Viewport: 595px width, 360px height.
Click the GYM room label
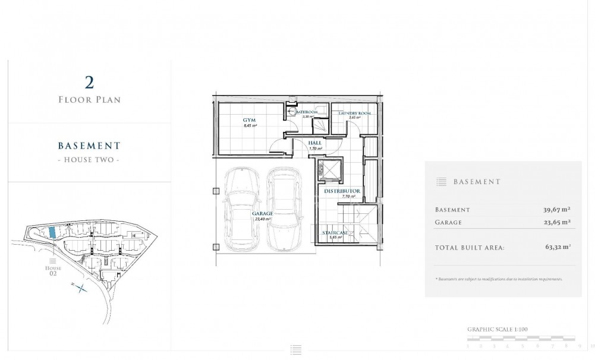pos(249,121)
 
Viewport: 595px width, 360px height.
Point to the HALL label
pos(315,143)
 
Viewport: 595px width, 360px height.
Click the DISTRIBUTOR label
pos(342,191)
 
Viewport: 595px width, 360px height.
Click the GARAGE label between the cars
pos(262,213)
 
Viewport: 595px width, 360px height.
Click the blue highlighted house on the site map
pos(52,233)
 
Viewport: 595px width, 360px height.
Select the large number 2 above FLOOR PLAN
pos(89,82)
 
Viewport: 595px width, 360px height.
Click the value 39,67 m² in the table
pos(556,210)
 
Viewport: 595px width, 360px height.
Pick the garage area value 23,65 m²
pos(556,222)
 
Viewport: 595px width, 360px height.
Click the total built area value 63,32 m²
pos(556,247)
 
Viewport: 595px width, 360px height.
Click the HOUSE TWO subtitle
pos(89,160)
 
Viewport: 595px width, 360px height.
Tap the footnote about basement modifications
pos(499,279)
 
